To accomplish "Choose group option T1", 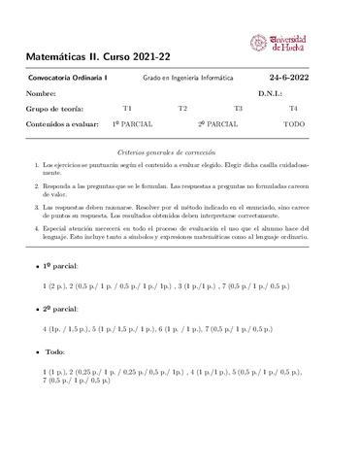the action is tap(127, 109).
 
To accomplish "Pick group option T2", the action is tap(182, 109).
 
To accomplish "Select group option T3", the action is tap(238, 109).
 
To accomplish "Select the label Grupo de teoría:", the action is tap(55, 109).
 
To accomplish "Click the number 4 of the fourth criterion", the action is tap(36, 225).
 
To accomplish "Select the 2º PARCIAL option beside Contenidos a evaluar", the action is tap(218, 124).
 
